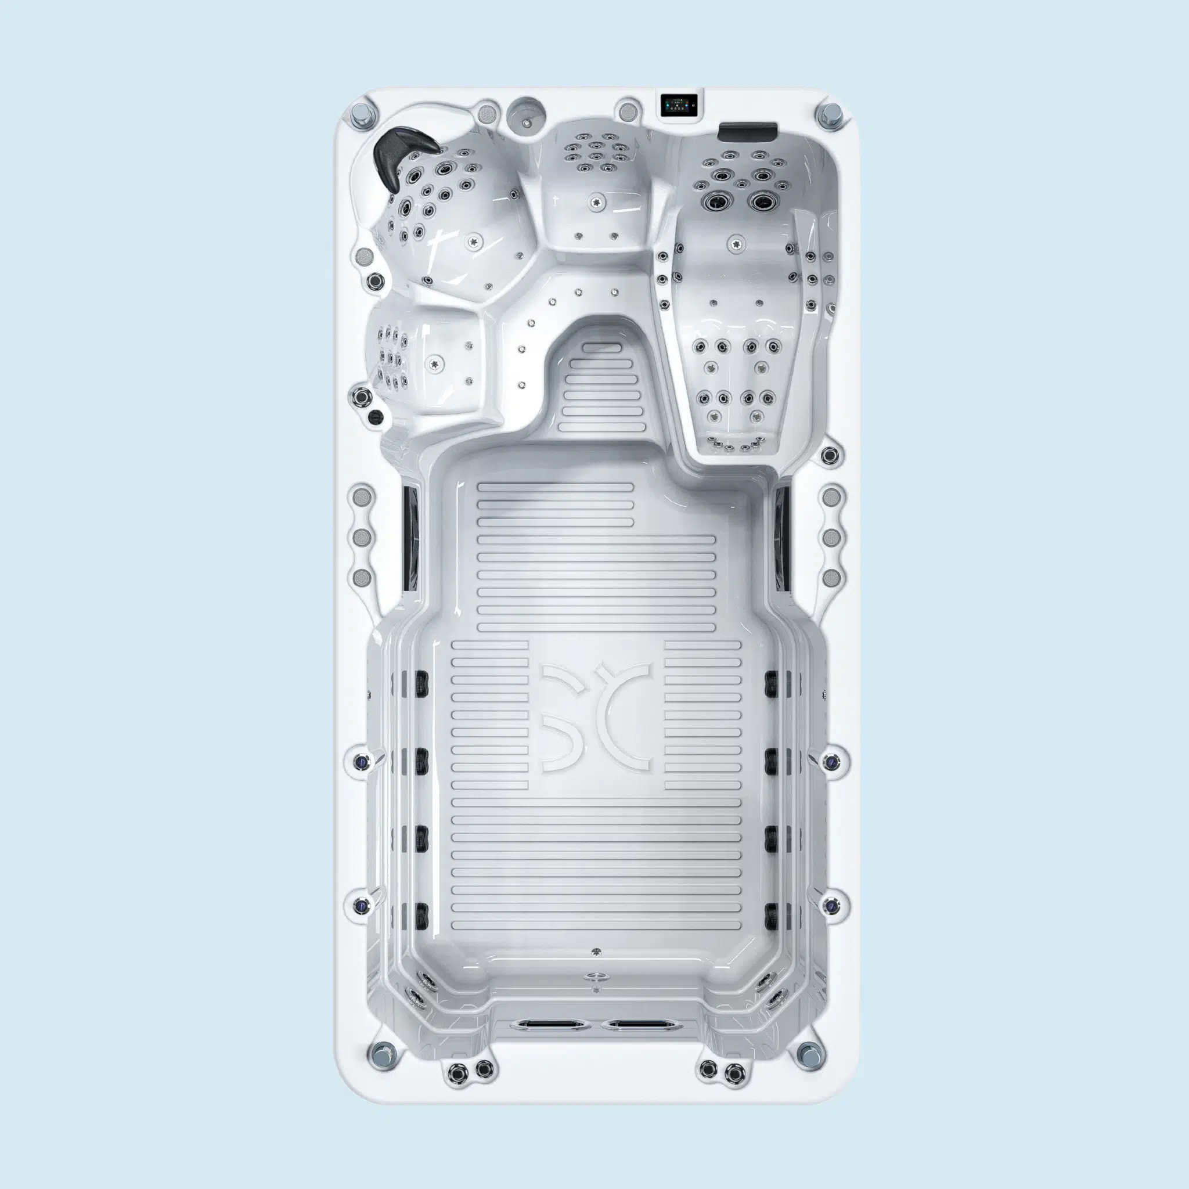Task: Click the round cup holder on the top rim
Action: (526, 114)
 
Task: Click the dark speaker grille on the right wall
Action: (782, 537)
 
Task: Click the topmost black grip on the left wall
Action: (421, 680)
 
